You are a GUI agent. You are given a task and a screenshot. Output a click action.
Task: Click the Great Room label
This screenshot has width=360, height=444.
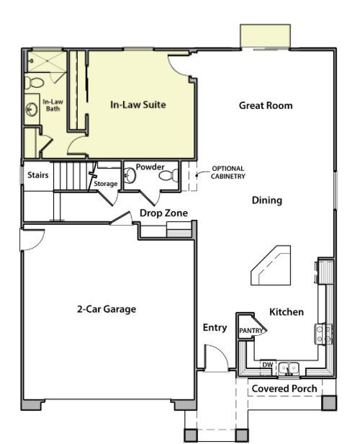pos(266,105)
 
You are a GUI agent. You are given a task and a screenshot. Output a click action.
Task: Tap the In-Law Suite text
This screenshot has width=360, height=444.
pos(138,105)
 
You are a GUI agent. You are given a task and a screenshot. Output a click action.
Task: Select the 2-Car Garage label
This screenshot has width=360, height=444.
pos(107,309)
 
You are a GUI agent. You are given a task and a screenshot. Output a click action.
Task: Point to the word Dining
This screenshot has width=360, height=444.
pos(266,200)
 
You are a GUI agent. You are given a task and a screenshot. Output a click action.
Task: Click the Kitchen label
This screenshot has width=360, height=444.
pos(286,312)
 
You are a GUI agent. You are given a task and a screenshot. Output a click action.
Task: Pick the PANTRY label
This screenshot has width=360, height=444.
pos(251,330)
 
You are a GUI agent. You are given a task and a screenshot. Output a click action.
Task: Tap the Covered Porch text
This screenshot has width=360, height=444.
pos(284,388)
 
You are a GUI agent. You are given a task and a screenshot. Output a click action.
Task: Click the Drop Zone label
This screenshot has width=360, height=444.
pos(163,213)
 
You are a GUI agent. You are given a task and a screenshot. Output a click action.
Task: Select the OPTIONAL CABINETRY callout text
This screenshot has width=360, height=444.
pos(229,173)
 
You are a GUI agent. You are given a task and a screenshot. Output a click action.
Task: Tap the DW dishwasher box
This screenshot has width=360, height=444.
pos(267,365)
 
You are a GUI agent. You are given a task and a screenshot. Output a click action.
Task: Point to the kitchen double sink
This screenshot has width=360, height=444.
pos(289,368)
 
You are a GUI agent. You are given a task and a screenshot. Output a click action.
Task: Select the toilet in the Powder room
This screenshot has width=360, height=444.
pos(166,175)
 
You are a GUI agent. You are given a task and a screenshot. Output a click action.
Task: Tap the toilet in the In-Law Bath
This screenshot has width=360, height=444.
pos(31,82)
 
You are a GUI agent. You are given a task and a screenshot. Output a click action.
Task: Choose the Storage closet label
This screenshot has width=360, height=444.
pos(105,184)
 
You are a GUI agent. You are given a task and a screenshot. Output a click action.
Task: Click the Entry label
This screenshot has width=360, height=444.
pos(215,327)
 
